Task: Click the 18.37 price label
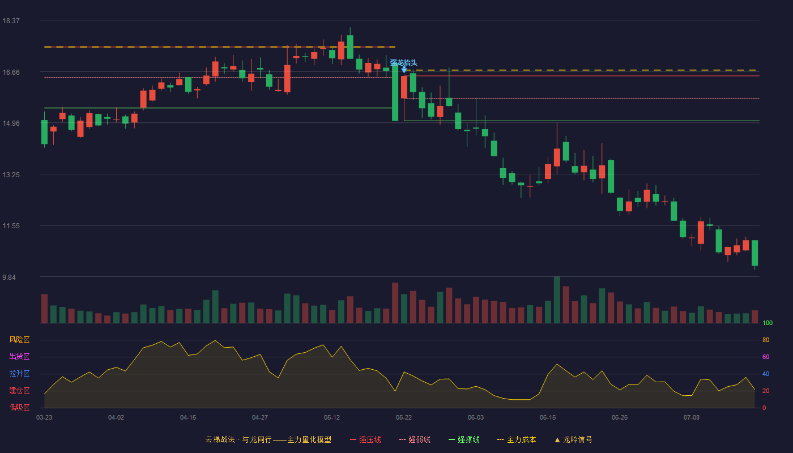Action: point(11,21)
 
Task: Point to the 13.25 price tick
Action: point(11,175)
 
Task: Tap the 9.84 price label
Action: point(9,277)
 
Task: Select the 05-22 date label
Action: point(403,418)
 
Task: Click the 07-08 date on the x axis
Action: point(692,418)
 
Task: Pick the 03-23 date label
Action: point(44,418)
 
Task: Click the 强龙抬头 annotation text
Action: point(403,63)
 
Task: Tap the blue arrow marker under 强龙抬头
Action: point(404,69)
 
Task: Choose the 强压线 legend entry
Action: point(365,439)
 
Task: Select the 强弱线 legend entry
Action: point(415,439)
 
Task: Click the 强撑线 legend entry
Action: point(464,439)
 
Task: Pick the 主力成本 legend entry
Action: point(517,439)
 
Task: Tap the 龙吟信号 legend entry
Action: point(573,439)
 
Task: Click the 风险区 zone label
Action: point(19,340)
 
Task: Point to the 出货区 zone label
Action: point(19,356)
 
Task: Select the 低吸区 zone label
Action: point(19,407)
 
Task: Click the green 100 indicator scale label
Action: point(768,323)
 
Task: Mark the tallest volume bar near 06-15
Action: point(557,300)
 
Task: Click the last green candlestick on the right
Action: point(754,253)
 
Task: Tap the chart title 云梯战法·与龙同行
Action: point(238,439)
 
